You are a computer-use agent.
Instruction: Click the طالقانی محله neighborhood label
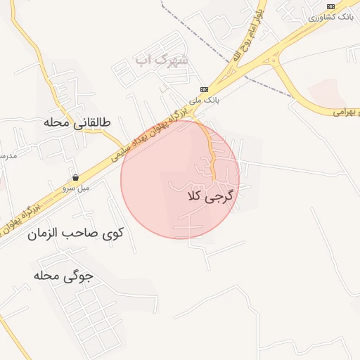[77, 122]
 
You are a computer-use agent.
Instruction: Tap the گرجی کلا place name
[210, 197]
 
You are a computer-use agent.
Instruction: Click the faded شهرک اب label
[162, 60]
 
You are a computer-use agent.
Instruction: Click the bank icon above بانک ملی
[205, 89]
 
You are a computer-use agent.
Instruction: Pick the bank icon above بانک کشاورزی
[330, 5]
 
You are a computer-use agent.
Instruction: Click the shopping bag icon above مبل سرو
[75, 177]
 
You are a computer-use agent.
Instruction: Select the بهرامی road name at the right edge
[345, 112]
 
